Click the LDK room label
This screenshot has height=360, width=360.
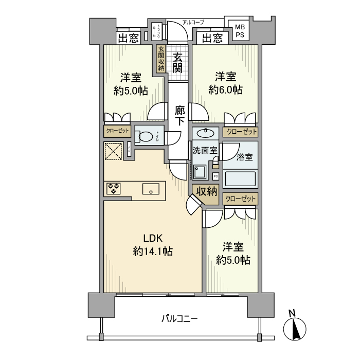pyautogui.click(x=152, y=238)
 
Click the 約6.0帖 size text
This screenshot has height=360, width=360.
pyautogui.click(x=226, y=90)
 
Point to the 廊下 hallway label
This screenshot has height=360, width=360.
pyautogui.click(x=179, y=116)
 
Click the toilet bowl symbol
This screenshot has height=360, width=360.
pyautogui.click(x=146, y=137)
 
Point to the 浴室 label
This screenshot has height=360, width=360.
pyautogui.click(x=244, y=157)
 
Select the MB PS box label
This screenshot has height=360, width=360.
pyautogui.click(x=240, y=30)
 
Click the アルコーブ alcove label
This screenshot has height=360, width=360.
pyautogui.click(x=193, y=22)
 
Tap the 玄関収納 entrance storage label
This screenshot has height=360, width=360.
pyautogui.click(x=161, y=59)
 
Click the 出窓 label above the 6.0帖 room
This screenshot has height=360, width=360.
pyautogui.click(x=212, y=38)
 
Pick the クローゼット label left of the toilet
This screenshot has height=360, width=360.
pyautogui.click(x=117, y=131)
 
